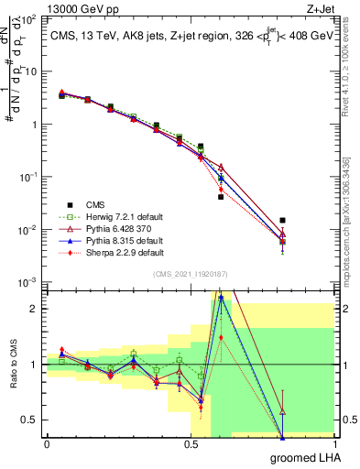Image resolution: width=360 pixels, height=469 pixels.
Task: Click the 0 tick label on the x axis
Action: point(47,444)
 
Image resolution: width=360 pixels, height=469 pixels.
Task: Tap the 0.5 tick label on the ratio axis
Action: point(32,420)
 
